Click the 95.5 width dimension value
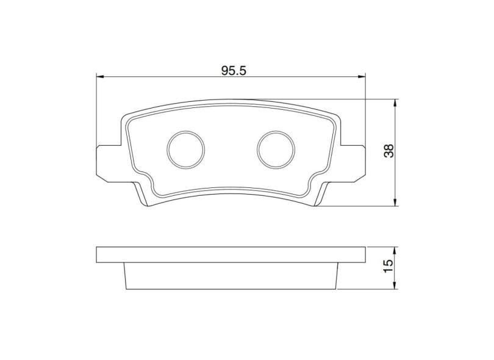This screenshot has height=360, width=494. (233, 71)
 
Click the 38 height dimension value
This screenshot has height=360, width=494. (388, 151)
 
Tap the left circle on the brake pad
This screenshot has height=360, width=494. (185, 149)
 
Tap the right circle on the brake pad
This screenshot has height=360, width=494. (276, 149)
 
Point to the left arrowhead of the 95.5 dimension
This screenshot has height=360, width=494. (101, 77)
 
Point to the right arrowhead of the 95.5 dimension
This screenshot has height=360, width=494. (362, 77)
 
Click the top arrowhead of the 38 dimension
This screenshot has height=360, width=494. (397, 103)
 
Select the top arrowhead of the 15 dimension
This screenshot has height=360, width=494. (397, 250)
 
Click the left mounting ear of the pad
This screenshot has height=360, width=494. (109, 162)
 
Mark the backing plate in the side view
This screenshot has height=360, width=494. (231, 254)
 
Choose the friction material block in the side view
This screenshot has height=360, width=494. (231, 275)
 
